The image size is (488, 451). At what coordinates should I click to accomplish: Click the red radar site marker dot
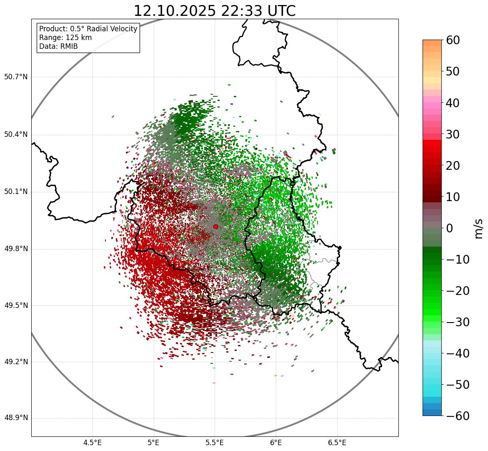215,227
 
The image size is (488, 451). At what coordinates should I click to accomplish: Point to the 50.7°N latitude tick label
15,77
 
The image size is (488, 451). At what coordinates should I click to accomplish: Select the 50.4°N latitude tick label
15,135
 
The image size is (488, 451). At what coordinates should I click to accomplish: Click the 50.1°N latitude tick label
15,192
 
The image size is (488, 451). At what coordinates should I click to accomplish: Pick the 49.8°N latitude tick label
15,249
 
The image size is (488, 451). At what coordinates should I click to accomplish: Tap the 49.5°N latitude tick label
15,305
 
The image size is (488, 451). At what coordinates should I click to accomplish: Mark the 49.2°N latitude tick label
15,362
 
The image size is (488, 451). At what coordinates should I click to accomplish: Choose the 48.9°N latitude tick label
15,418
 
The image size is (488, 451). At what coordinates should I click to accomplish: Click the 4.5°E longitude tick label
93,443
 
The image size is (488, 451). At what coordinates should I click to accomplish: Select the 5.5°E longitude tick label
215,443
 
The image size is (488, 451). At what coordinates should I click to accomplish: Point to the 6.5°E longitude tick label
337,443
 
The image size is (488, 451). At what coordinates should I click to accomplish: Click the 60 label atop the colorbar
453,40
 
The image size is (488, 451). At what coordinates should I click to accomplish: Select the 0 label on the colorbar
450,228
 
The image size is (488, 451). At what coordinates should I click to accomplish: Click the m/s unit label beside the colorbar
478,228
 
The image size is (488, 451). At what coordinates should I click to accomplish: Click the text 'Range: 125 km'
65,38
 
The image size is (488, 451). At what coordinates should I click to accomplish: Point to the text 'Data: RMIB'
58,46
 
